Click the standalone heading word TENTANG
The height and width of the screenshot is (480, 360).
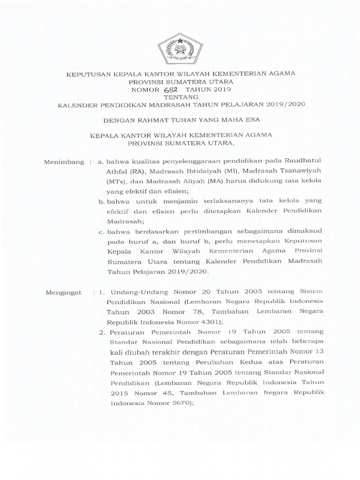(x=180, y=97)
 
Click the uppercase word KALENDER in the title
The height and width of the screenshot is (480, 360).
(x=76, y=104)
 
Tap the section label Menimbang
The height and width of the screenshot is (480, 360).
(x=63, y=163)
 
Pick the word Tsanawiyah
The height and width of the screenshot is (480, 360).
(x=300, y=171)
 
